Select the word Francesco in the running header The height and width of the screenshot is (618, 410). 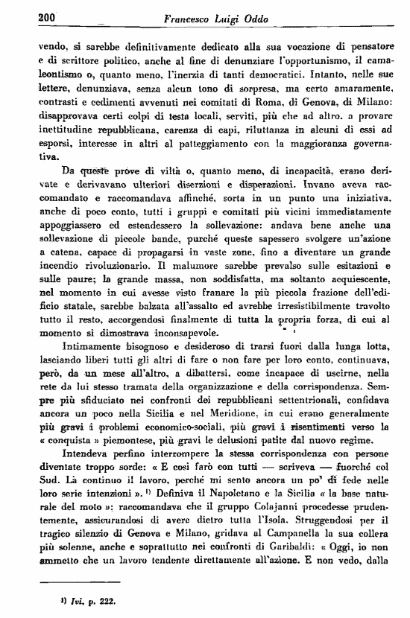192,18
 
